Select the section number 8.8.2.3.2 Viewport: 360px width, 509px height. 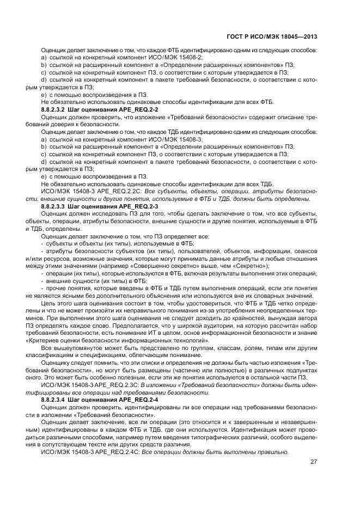coord(53,110)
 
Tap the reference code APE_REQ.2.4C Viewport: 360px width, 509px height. coord(100,452)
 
